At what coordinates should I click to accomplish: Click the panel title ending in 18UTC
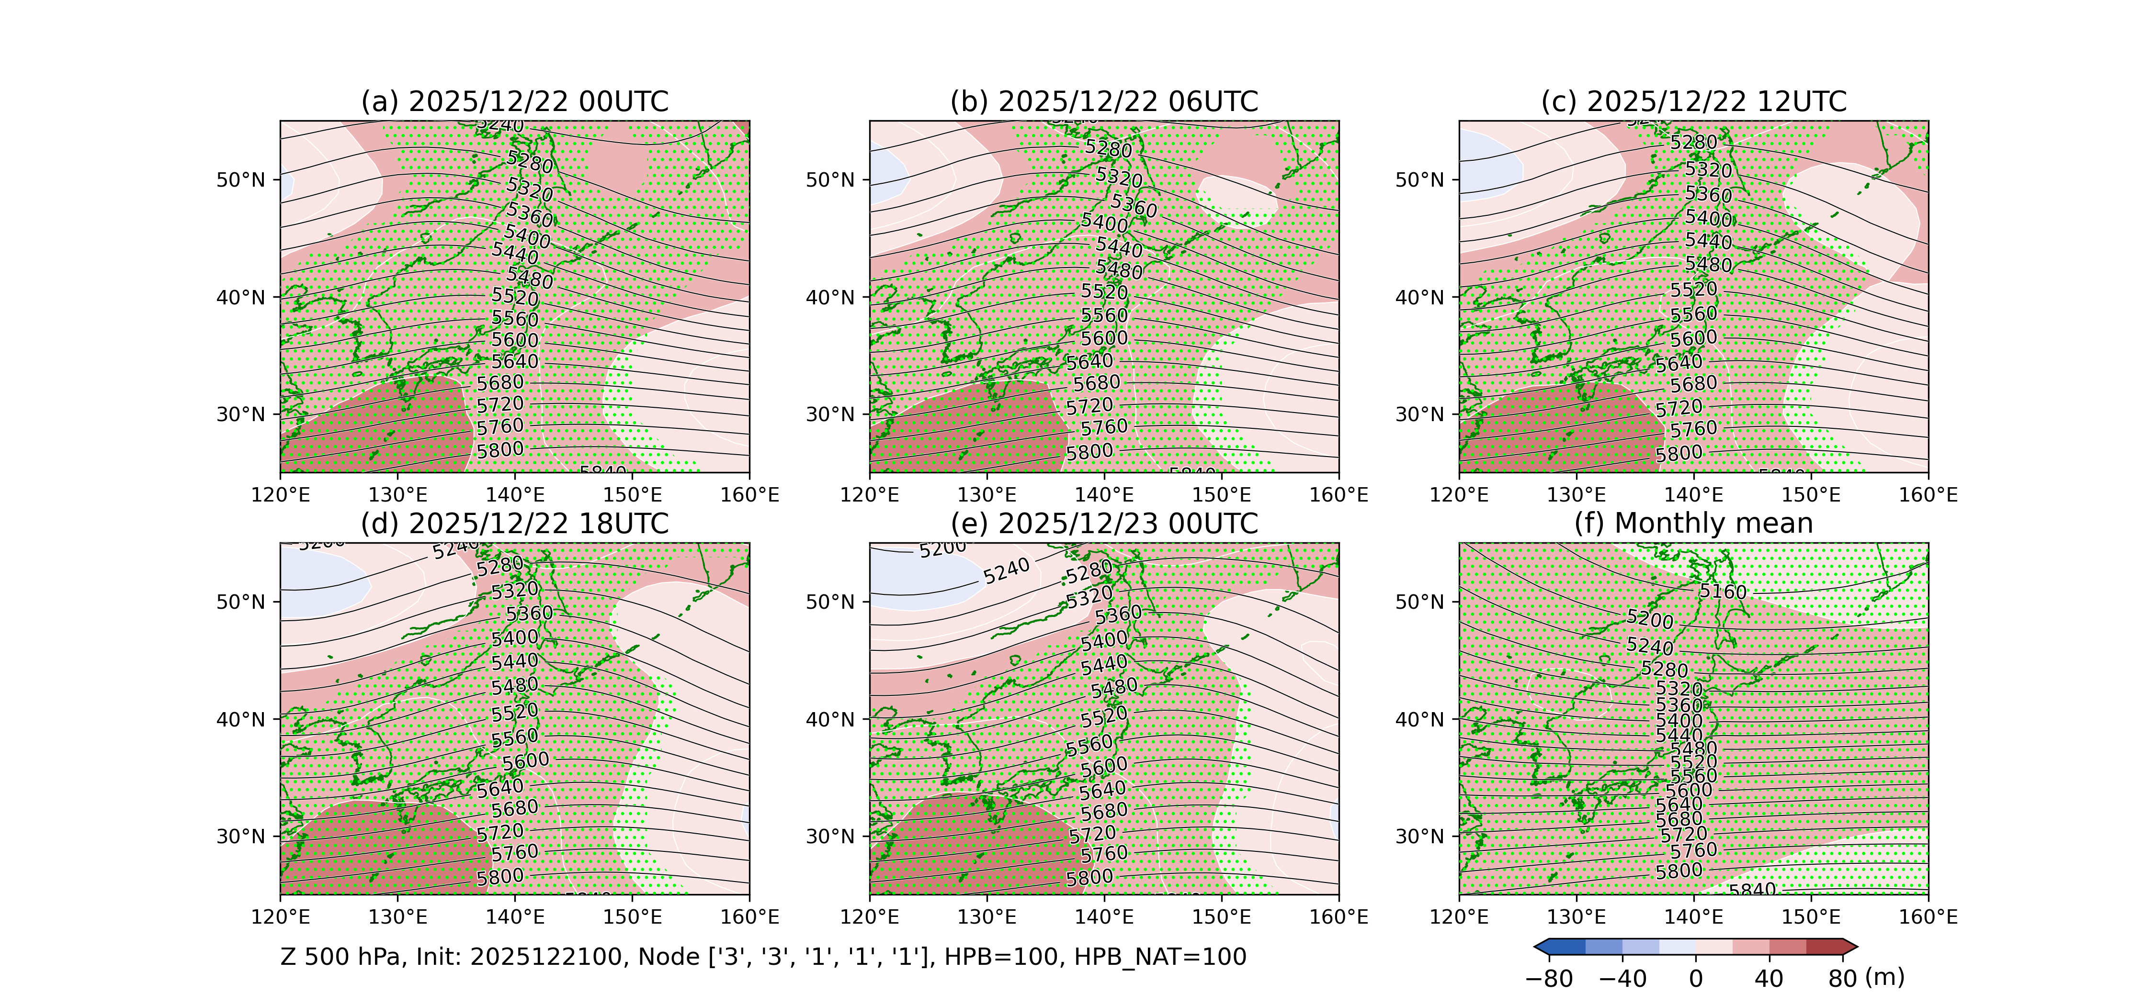click(514, 524)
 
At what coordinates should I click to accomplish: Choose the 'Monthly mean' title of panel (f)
click(1693, 524)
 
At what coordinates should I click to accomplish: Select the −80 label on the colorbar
click(1549, 978)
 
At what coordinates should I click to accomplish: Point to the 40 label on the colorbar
click(1769, 978)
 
